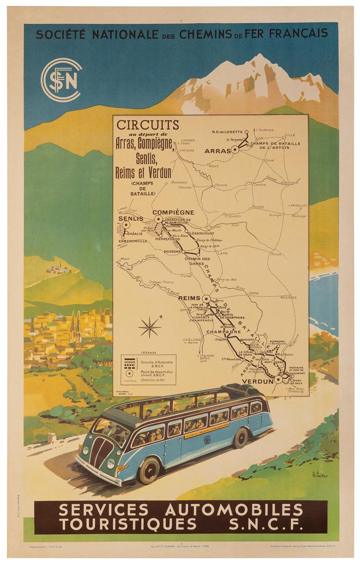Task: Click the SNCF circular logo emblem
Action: pos(61,80)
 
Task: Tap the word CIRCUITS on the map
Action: pos(148,125)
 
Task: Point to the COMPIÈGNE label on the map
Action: pos(173,212)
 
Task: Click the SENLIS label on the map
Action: pos(131,219)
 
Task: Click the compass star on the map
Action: pos(149,327)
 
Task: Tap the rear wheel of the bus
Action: pos(240,438)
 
